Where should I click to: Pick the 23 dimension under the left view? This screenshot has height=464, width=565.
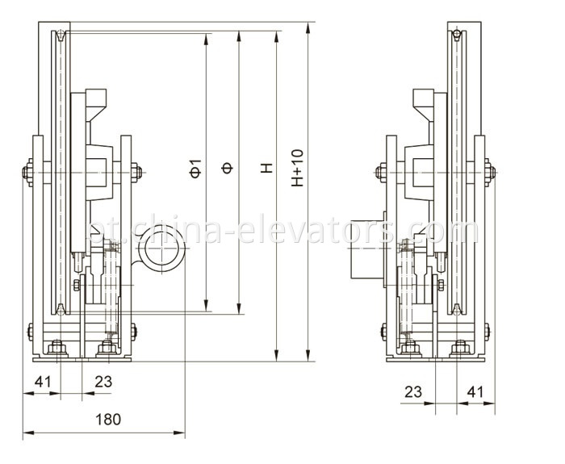coord(103,381)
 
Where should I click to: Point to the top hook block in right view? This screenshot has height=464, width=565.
coord(426,101)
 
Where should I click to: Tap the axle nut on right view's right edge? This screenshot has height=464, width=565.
coord(491,170)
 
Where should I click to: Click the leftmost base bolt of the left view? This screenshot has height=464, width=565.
coord(56,349)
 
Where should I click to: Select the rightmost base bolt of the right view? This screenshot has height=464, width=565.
coord(460,349)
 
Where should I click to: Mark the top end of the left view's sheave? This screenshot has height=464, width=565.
coord(61,34)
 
